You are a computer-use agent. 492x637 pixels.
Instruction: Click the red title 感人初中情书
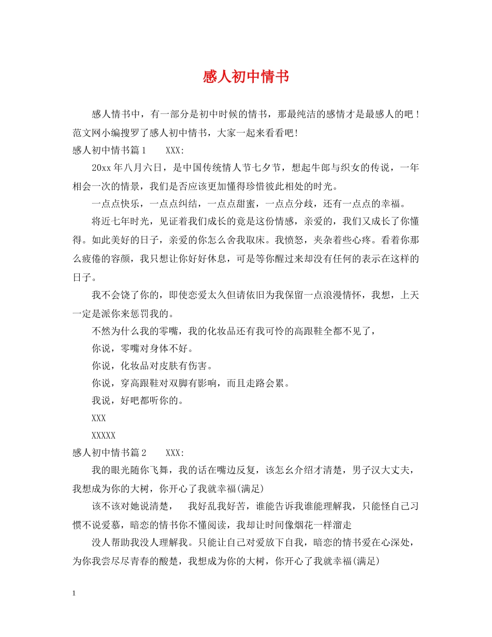pyautogui.click(x=245, y=77)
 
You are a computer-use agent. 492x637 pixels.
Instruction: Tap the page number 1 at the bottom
pyautogui.click(x=75, y=593)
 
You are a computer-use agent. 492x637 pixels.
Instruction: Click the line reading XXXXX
pyautogui.click(x=104, y=436)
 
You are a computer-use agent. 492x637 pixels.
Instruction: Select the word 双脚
pyautogui.click(x=189, y=384)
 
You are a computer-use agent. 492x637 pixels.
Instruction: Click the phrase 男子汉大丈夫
pyautogui.click(x=382, y=470)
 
